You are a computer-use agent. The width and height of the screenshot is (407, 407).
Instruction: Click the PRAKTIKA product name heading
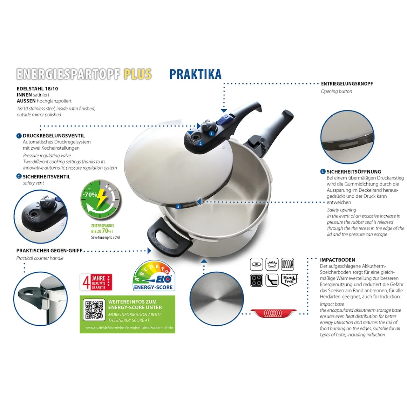[x=195, y=74]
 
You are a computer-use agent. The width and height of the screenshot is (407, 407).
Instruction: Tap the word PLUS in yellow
[x=137, y=74]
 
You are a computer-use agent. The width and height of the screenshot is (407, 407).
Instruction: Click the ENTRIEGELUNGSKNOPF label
[x=347, y=84]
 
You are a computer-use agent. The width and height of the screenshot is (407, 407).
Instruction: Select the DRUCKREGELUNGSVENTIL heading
[x=54, y=136]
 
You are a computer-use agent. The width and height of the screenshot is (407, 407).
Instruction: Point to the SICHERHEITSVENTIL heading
[x=46, y=177]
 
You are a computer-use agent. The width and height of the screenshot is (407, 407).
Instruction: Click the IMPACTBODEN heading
[x=337, y=260]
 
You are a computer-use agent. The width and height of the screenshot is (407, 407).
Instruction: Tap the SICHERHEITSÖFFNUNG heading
[x=354, y=172]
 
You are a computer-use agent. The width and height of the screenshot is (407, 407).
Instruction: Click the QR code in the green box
[x=94, y=310]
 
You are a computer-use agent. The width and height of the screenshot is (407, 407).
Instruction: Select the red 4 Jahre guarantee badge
[x=96, y=282]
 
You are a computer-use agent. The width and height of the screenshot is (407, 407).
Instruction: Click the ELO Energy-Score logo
[x=154, y=276]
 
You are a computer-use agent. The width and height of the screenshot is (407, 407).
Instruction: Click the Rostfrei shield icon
[x=289, y=280]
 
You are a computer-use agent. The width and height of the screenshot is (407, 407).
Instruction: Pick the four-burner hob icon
[x=257, y=280]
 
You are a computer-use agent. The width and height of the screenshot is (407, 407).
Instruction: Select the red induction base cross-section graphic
[x=273, y=313]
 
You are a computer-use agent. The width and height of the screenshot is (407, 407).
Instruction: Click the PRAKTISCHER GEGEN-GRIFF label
[x=49, y=251]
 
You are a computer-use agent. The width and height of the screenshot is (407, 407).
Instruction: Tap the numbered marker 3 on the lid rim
[x=178, y=207]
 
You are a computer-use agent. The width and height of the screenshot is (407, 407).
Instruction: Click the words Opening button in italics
[x=336, y=91]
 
